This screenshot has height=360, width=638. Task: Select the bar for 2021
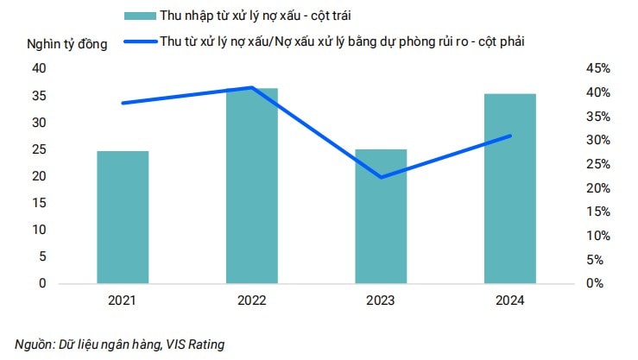click(x=123, y=217)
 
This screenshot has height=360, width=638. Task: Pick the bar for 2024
click(x=509, y=187)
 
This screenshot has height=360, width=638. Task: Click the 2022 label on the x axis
click(x=252, y=301)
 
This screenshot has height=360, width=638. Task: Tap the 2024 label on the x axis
click(x=509, y=301)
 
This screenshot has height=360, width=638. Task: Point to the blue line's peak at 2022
click(x=251, y=87)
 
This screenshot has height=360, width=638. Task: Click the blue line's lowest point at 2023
click(x=381, y=178)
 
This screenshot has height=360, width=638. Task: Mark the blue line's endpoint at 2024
click(x=510, y=136)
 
